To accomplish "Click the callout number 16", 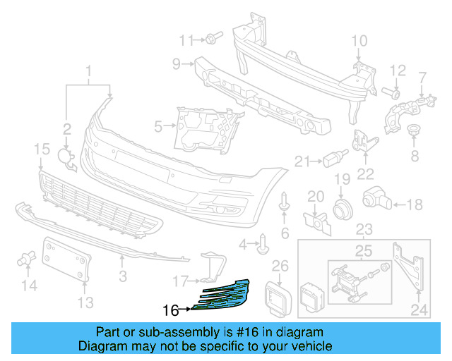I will pos(170,310).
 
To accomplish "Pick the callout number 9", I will pos(177,65).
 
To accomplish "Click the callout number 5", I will pos(158,127).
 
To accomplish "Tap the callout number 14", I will pos(29,286).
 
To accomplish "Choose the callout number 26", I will pos(281,265).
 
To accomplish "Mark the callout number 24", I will pos(420,308).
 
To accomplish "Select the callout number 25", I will pos(362,250).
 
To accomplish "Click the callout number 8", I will pos(415,154).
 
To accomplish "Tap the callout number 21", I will pos(303,161).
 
